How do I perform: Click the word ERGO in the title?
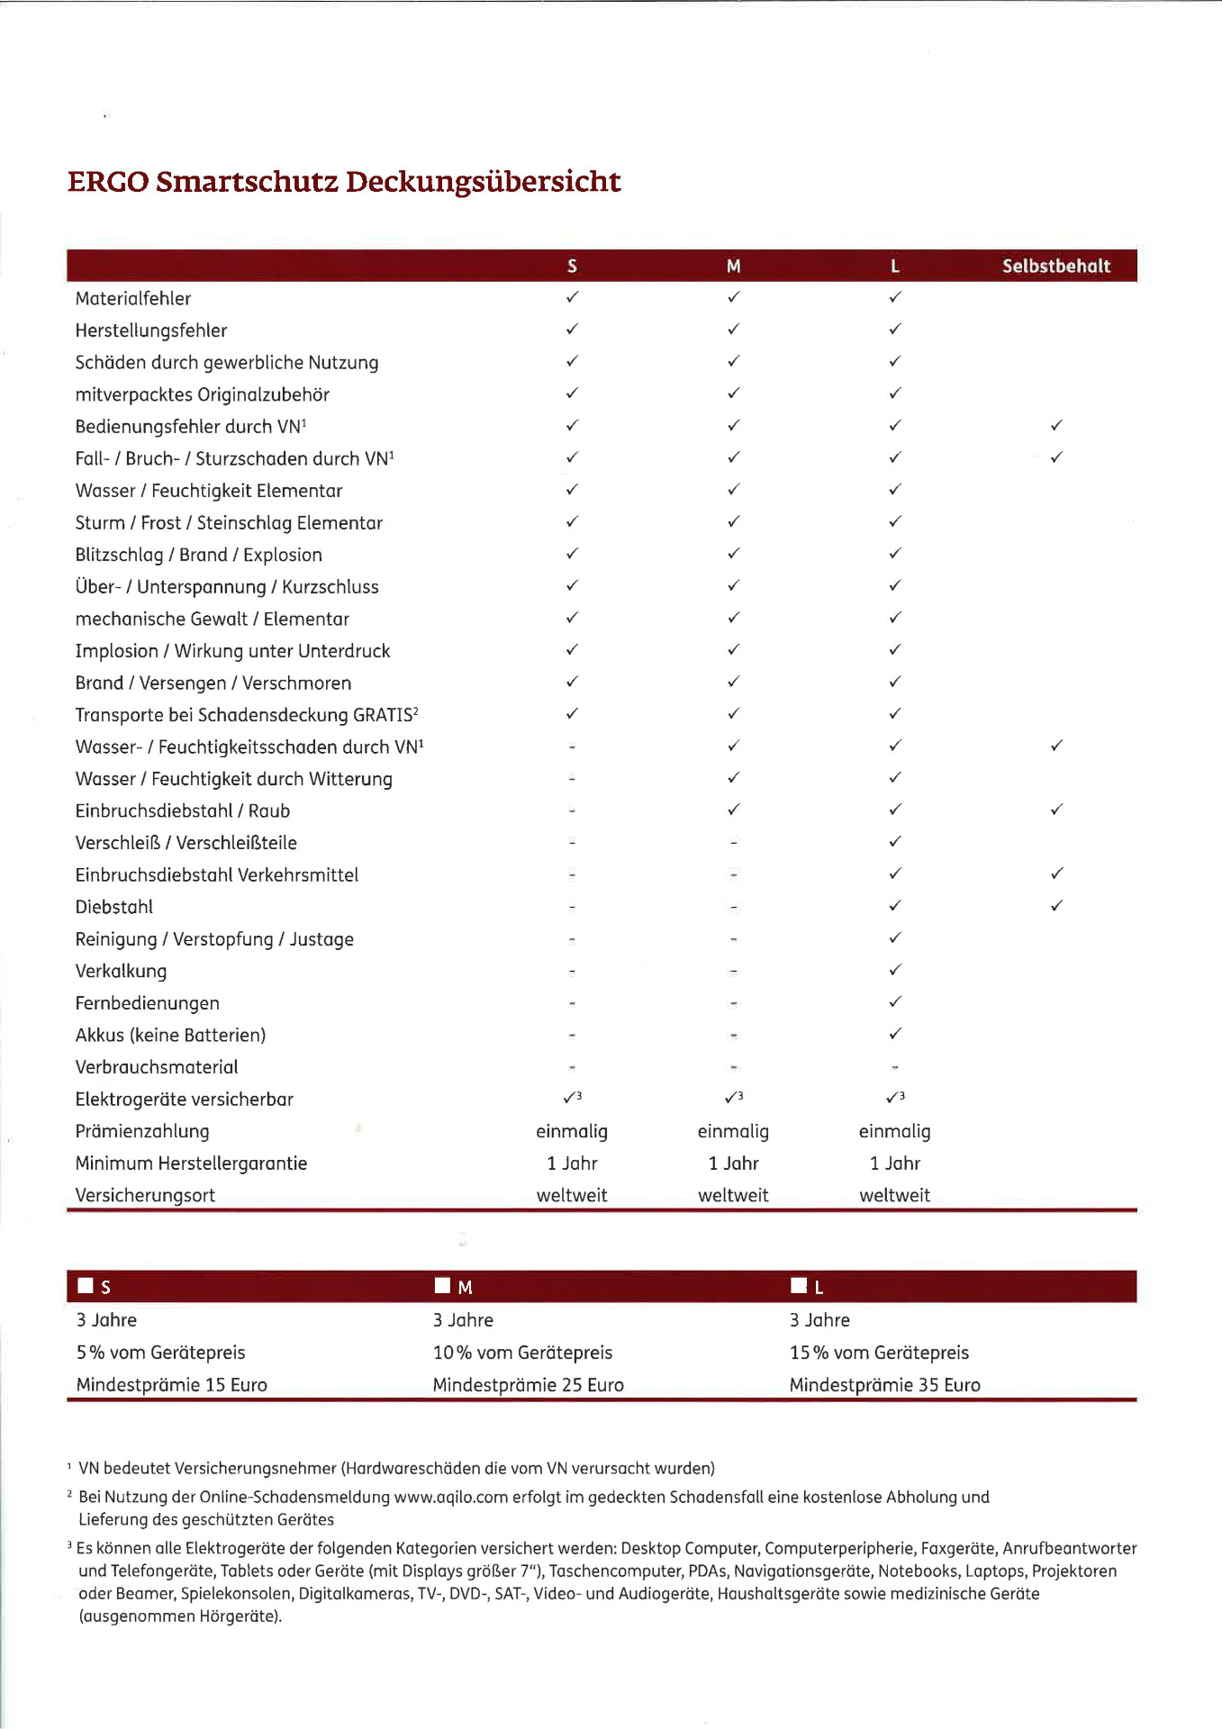pyautogui.click(x=108, y=182)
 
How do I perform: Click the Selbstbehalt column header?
pyautogui.click(x=1055, y=266)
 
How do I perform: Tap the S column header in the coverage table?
pyautogui.click(x=572, y=266)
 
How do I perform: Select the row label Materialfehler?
pyautogui.click(x=133, y=298)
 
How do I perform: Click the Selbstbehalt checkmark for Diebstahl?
pyautogui.click(x=1056, y=906)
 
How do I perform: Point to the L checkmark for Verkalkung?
pyautogui.click(x=894, y=970)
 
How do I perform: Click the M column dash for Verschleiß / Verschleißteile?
pyautogui.click(x=734, y=843)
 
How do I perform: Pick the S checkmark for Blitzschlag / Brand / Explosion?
pyautogui.click(x=572, y=554)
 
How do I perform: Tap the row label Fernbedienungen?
pyautogui.click(x=148, y=1003)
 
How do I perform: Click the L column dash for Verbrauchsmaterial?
pyautogui.click(x=894, y=1067)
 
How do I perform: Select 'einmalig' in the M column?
pyautogui.click(x=733, y=1131)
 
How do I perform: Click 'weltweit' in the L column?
pyautogui.click(x=894, y=1195)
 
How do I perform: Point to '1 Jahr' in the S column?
pyautogui.click(x=572, y=1163)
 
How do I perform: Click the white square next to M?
pyautogui.click(x=442, y=1285)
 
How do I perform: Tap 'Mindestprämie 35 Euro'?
pyautogui.click(x=884, y=1385)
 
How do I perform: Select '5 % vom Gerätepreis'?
pyautogui.click(x=160, y=1353)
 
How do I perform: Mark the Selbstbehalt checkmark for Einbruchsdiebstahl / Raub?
pyautogui.click(x=1056, y=810)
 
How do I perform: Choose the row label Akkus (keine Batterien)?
pyautogui.click(x=170, y=1036)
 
